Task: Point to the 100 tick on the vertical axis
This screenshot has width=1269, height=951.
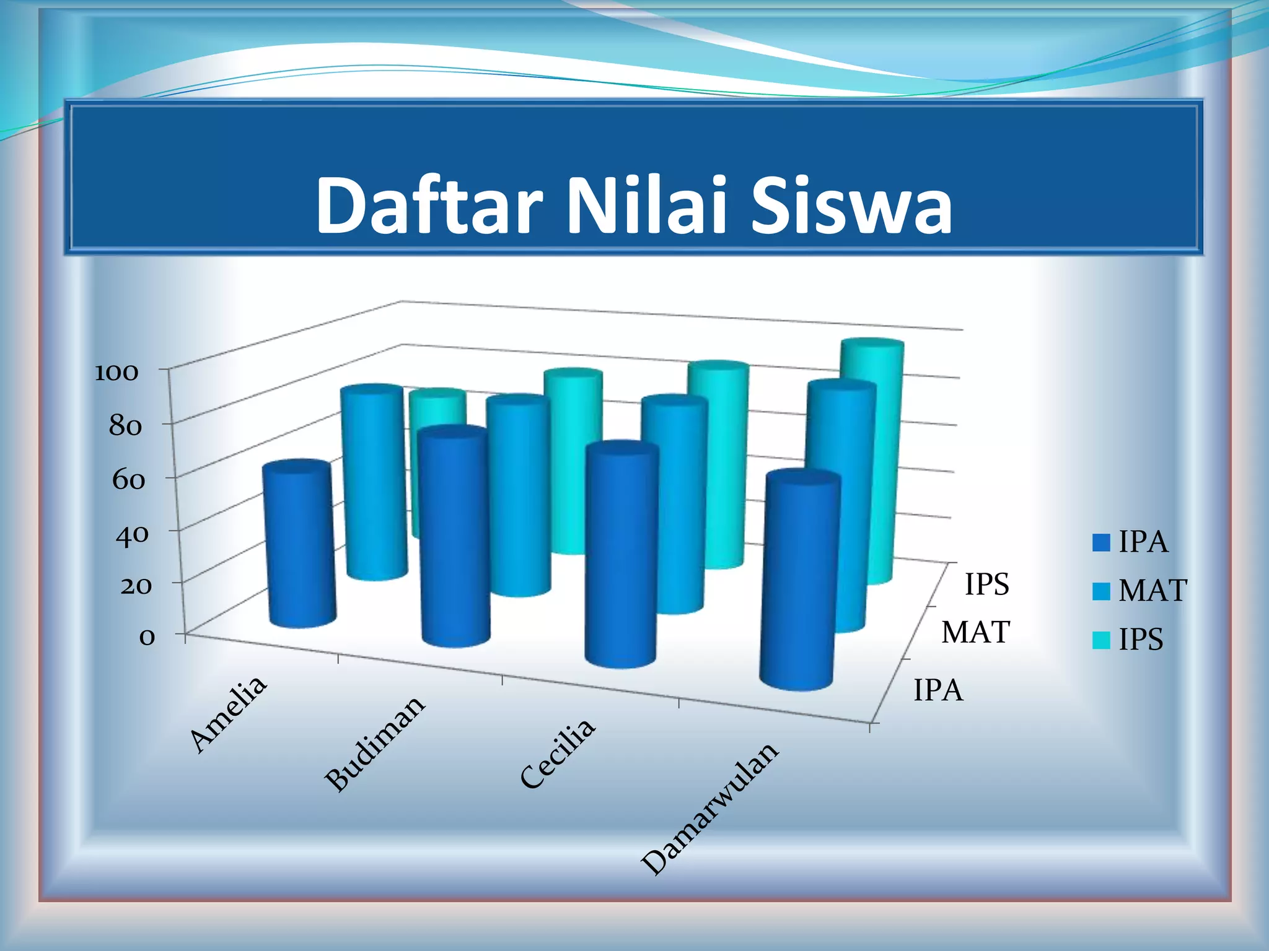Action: coord(116,372)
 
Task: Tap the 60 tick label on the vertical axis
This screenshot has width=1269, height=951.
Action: coord(128,480)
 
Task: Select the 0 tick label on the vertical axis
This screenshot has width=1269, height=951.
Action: coord(147,637)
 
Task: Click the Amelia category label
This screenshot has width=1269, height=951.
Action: coord(228,713)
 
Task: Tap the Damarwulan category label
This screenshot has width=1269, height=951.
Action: coord(709,808)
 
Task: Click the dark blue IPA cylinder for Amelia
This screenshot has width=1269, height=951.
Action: coord(300,545)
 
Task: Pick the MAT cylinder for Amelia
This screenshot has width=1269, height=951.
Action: coord(374,483)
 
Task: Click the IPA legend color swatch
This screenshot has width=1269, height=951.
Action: coord(1101,543)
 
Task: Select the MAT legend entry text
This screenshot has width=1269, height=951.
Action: coord(1153,591)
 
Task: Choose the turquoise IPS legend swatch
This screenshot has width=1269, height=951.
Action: coord(1101,640)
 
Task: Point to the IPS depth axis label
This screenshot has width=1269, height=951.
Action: coord(986,584)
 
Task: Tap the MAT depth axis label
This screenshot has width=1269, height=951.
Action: coord(976,633)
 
